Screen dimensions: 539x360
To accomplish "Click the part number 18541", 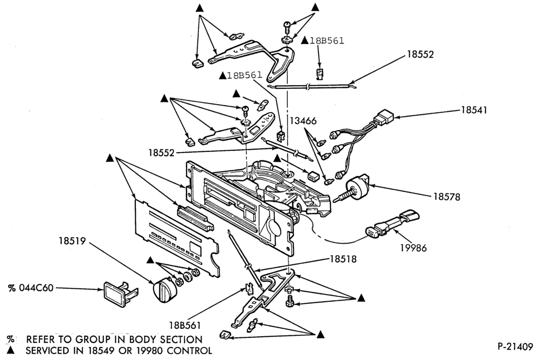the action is point(474,110).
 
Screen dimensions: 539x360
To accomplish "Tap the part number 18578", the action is point(446,197).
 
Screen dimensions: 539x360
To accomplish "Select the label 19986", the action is point(413,247).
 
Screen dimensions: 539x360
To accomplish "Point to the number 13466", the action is point(303,121).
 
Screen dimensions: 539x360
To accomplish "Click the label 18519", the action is point(72,241).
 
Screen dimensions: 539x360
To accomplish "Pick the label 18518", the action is point(343,259).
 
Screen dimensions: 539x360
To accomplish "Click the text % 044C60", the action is point(31,288).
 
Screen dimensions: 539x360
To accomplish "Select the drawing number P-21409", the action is point(515,347).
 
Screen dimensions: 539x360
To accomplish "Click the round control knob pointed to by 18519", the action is point(164,291).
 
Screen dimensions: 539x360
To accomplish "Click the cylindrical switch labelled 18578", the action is point(357,186).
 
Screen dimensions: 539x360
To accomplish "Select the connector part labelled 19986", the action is point(392,225).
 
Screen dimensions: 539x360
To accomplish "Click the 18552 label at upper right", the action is point(420,54).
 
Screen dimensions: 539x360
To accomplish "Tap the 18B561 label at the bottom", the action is point(184,326).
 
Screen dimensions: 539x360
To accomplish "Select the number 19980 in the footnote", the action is point(150,351).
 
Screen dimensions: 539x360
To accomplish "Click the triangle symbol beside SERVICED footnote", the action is point(11,350).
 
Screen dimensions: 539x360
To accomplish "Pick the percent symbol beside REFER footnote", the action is point(11,340).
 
